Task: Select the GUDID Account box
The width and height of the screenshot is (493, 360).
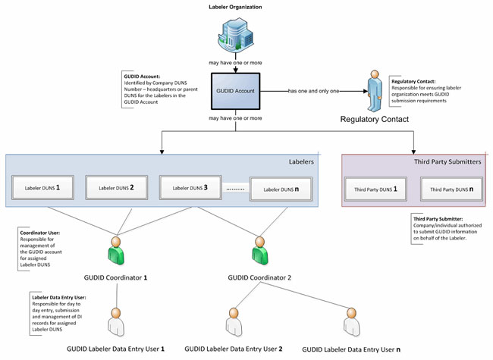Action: click(x=235, y=92)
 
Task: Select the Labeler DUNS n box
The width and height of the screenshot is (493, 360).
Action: click(x=281, y=189)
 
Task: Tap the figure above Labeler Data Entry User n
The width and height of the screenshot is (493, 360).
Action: click(x=350, y=324)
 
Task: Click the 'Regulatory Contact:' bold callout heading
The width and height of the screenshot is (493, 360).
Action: click(x=413, y=80)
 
